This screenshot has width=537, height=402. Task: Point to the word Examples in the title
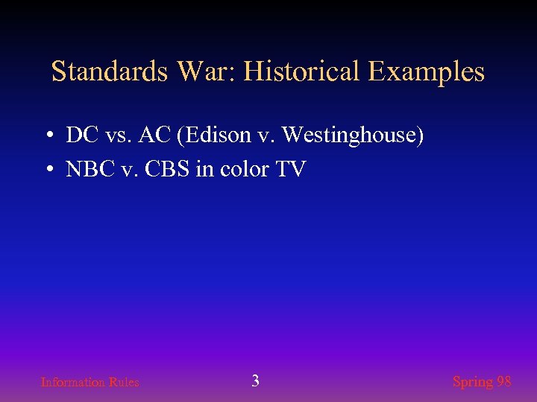tap(426, 72)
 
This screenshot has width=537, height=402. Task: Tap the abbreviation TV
tap(290, 170)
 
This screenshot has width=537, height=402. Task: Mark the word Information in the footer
tap(73, 382)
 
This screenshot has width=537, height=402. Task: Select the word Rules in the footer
tap(124, 382)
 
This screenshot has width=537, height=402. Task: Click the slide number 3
tap(255, 381)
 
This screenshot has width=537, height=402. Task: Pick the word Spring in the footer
tap(472, 382)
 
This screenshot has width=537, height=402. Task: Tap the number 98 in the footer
tap(504, 381)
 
